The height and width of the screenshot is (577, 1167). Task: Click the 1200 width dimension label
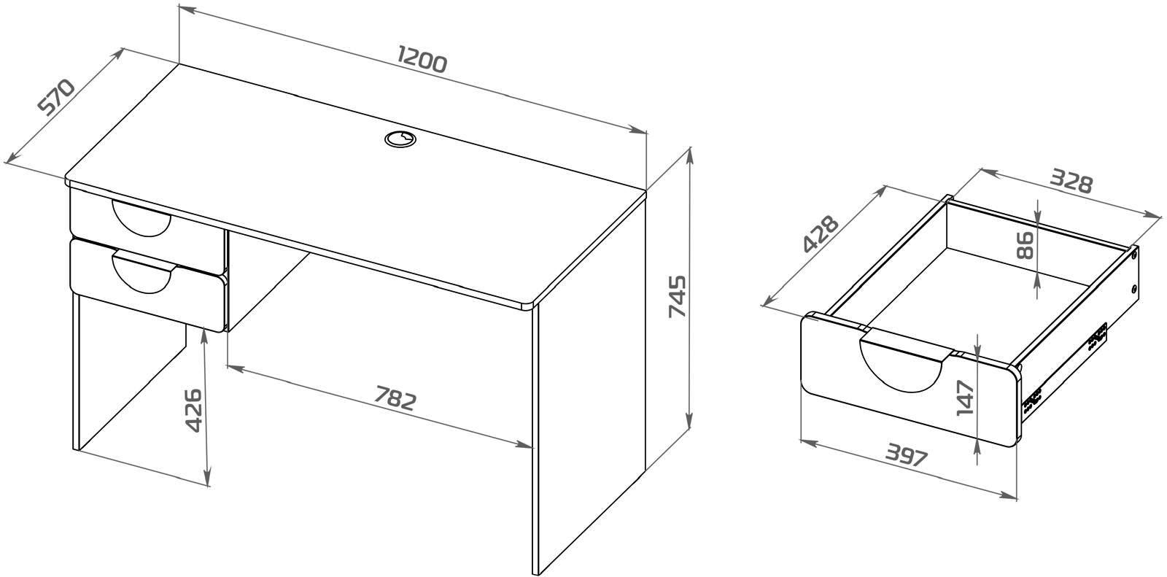coord(422,59)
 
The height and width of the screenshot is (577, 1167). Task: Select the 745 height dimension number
coord(678,297)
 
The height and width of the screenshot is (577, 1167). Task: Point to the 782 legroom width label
coord(395,398)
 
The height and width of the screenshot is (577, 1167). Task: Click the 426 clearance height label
coord(194,410)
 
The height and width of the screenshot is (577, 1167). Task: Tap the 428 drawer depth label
coord(821,233)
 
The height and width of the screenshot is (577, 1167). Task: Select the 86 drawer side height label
coord(1025,246)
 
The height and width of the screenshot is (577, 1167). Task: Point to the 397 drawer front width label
coord(907,454)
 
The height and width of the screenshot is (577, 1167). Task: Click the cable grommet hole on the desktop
coord(401,139)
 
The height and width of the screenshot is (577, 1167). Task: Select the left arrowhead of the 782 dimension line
coord(236,369)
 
